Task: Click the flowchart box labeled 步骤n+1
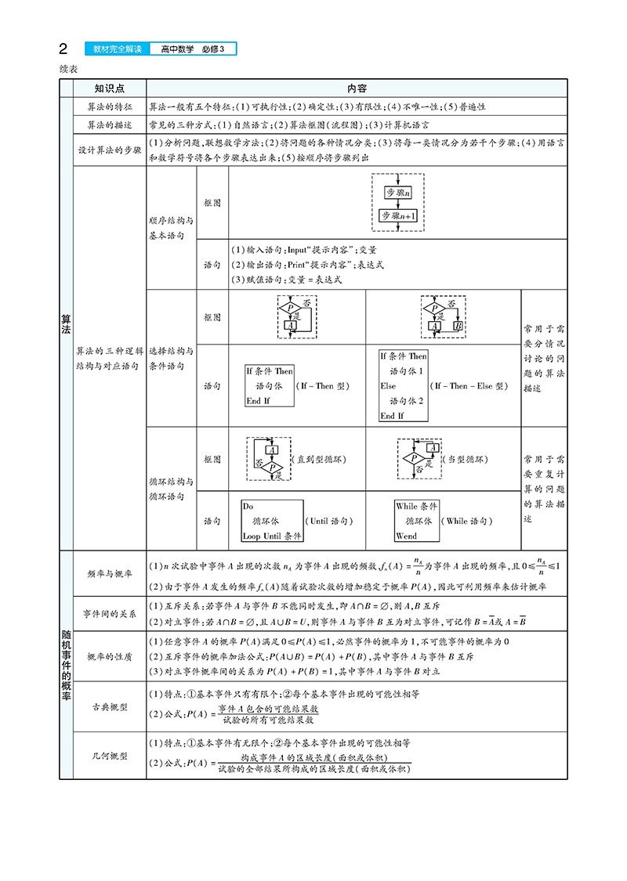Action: (x=399, y=215)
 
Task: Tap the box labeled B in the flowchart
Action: (x=458, y=325)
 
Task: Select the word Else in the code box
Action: (x=389, y=386)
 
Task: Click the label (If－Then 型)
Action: (x=322, y=386)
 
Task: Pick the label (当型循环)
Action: (x=465, y=460)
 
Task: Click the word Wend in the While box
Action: (x=407, y=536)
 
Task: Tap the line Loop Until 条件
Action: (x=271, y=536)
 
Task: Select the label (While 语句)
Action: (x=467, y=521)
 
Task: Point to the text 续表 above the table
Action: (x=67, y=69)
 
